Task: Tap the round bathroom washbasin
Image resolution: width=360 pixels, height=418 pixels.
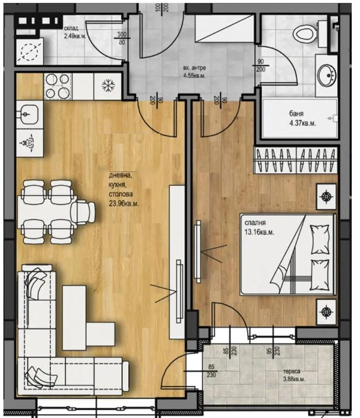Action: pyautogui.click(x=327, y=76)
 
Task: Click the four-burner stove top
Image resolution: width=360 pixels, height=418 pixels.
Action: pyautogui.click(x=57, y=86)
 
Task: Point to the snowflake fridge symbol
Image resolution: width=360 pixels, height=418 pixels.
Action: pyautogui.click(x=108, y=86)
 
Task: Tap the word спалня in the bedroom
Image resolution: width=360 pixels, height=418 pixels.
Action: pyautogui.click(x=255, y=223)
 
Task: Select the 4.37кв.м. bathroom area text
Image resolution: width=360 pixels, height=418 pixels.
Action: pyautogui.click(x=303, y=123)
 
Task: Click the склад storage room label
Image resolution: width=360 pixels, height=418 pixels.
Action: pyautogui.click(x=71, y=28)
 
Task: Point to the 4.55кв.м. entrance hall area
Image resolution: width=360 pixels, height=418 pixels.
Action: pyautogui.click(x=194, y=76)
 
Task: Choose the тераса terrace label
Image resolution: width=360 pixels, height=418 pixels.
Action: pyautogui.click(x=291, y=371)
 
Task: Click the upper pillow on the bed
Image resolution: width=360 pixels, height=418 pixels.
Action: pyautogui.click(x=320, y=239)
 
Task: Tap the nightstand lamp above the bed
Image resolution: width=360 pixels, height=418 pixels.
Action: pyautogui.click(x=326, y=196)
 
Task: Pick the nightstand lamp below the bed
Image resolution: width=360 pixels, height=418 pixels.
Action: pyautogui.click(x=326, y=312)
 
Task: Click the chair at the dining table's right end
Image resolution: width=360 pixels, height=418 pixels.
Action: pyautogui.click(x=83, y=212)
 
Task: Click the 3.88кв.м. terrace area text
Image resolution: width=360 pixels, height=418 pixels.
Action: pyautogui.click(x=294, y=379)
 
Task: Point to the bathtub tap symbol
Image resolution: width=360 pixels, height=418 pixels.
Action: pyautogui.click(x=333, y=118)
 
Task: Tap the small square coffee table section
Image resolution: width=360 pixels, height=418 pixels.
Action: pyautogui.click(x=100, y=335)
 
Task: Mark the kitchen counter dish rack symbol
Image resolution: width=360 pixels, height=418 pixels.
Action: pyautogui.click(x=27, y=143)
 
